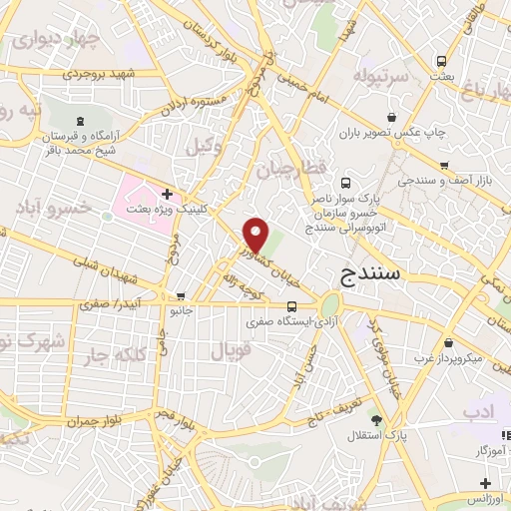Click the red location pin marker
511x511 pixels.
point(256,235)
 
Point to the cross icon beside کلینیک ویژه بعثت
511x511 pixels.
point(166,193)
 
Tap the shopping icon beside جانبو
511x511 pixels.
point(181,296)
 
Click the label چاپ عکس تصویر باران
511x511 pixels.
point(390,132)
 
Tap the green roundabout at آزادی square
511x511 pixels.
point(330,303)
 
